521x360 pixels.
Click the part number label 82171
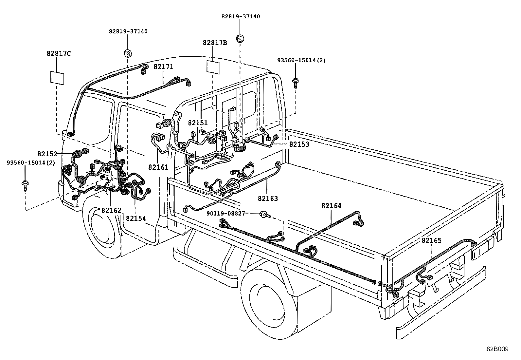[x=163, y=67]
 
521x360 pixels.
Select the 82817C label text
[x=59, y=53]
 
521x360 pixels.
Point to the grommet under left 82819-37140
[x=127, y=53]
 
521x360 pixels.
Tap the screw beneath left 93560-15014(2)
[x=25, y=185]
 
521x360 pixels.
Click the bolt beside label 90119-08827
[x=264, y=214]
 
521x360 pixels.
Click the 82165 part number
[x=431, y=240]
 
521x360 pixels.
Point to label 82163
[x=268, y=199]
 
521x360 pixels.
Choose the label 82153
[x=299, y=144]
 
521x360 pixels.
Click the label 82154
[x=136, y=218]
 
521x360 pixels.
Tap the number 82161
[x=158, y=167]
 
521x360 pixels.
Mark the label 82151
[x=198, y=123]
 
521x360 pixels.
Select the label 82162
[x=111, y=210]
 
